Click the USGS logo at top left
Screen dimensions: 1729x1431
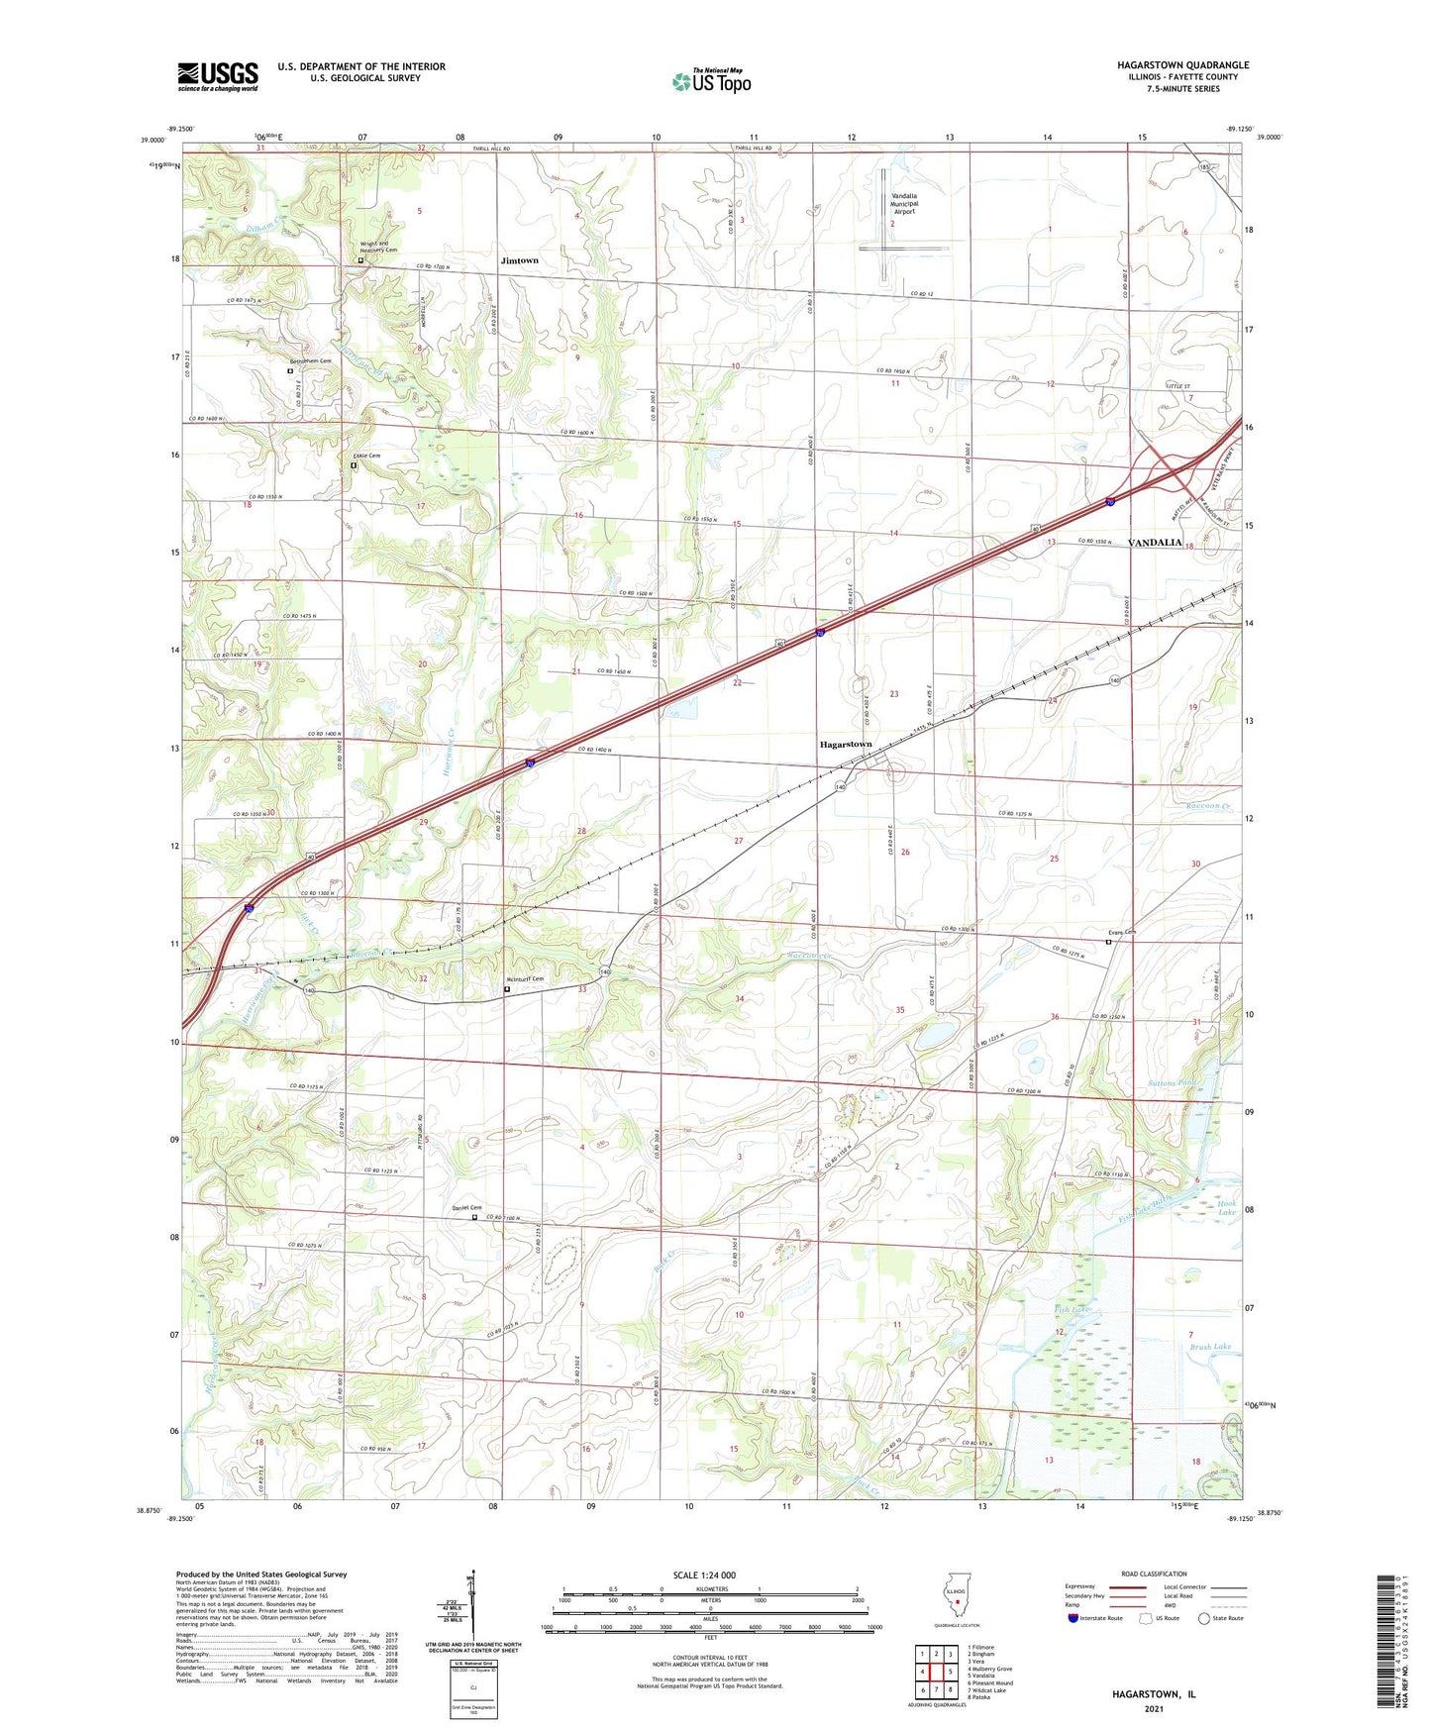(x=218, y=76)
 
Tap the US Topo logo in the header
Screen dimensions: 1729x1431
(x=711, y=80)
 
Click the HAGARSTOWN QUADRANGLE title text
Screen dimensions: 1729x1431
(x=1182, y=65)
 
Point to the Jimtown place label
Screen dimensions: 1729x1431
(x=519, y=260)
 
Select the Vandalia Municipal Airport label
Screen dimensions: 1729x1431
(x=905, y=204)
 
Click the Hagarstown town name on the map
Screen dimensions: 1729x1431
(x=845, y=744)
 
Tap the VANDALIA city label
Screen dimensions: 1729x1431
(x=1155, y=543)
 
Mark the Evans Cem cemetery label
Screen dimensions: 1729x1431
(x=1121, y=932)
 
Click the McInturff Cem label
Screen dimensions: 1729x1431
(x=525, y=978)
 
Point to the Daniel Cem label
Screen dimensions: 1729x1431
(x=466, y=1207)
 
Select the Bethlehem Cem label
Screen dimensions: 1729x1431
(x=310, y=361)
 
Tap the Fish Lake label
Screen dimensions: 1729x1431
(x=1073, y=1310)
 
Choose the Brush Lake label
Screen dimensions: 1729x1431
(x=1210, y=1347)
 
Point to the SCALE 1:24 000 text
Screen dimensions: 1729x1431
(x=704, y=1576)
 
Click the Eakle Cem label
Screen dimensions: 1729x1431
(x=366, y=456)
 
